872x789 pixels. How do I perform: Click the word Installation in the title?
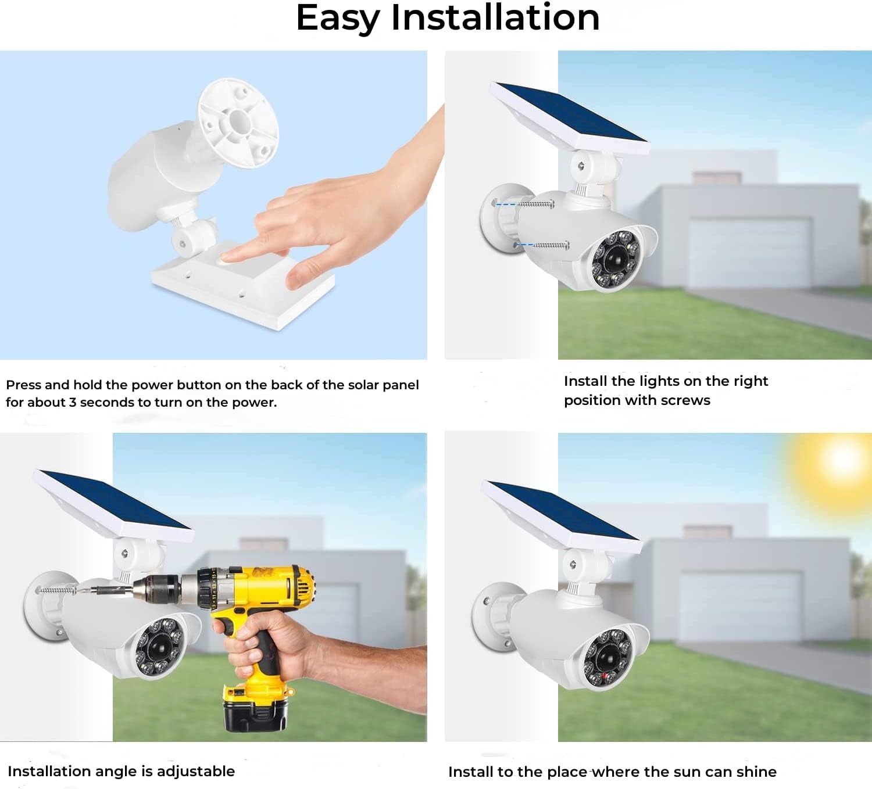point(495,17)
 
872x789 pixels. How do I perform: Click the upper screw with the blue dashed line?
point(536,204)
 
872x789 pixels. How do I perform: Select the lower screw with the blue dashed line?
point(551,246)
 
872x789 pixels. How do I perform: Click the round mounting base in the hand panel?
point(238,123)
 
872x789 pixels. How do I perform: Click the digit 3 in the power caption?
point(73,402)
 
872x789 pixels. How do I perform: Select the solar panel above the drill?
point(113,505)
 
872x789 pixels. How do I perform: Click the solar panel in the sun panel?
point(562,517)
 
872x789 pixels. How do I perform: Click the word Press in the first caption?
point(23,385)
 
